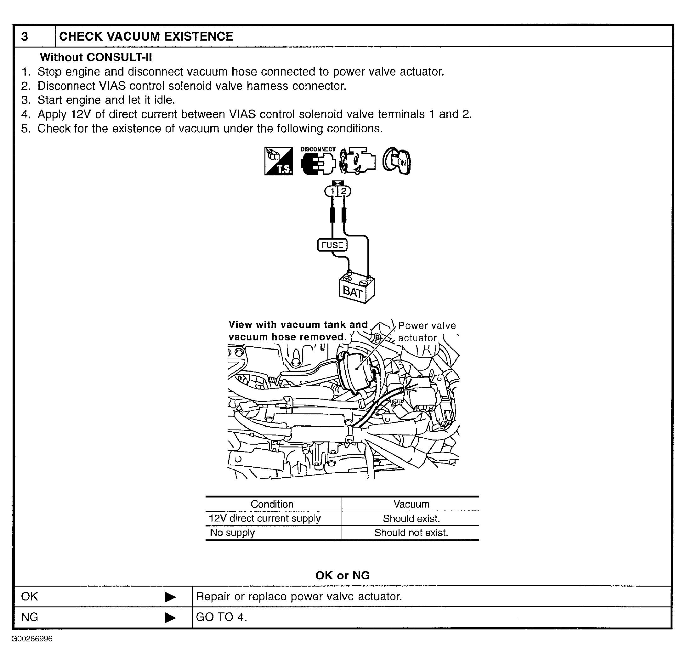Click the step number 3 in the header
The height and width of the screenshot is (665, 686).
(x=25, y=37)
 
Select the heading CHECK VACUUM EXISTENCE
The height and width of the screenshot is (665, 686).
(x=146, y=37)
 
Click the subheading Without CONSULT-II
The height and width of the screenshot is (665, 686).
(x=96, y=57)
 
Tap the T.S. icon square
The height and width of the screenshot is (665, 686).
(x=279, y=161)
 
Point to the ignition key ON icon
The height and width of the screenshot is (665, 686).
(x=397, y=161)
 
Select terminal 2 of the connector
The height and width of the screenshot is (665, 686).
(x=344, y=191)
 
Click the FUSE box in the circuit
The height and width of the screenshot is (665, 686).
(x=332, y=245)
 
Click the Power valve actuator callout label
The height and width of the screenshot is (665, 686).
(x=427, y=332)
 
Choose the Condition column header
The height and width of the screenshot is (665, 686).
(x=272, y=504)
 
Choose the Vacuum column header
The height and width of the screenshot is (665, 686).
(x=411, y=504)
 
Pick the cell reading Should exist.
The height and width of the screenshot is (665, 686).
(x=411, y=518)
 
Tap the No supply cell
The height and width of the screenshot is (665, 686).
(x=232, y=533)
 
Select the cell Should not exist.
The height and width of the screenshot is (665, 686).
(x=411, y=533)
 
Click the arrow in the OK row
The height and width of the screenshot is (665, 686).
(x=170, y=597)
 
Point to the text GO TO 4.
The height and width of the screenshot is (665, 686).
(x=221, y=617)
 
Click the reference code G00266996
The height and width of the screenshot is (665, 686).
(x=32, y=639)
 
